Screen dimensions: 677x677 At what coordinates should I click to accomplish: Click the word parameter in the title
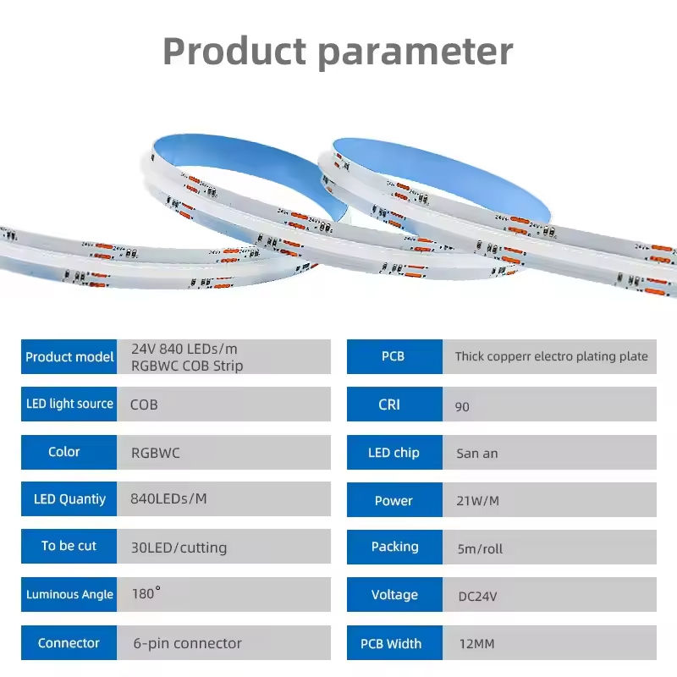[416, 52]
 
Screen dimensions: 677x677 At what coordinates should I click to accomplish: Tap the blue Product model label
[69, 356]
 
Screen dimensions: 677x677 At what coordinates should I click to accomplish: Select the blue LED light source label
[69, 404]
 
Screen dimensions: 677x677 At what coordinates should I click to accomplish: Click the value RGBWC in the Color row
[155, 452]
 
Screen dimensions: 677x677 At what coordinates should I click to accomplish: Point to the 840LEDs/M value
[168, 498]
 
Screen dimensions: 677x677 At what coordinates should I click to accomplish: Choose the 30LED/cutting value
[179, 547]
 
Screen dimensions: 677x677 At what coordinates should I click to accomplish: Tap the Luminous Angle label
[69, 594]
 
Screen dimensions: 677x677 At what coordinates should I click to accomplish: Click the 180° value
[146, 593]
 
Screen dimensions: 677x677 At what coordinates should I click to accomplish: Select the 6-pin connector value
[187, 643]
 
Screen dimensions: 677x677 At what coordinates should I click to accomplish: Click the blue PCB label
[394, 356]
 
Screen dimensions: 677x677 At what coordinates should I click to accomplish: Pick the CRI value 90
[462, 406]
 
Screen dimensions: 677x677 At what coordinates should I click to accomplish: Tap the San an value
[476, 453]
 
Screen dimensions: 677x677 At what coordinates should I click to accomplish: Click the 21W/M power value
[477, 500]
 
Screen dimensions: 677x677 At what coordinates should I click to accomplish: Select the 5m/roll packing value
[479, 548]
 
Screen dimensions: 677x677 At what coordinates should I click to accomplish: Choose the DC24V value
[476, 596]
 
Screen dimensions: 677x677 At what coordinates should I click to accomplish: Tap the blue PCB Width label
[391, 644]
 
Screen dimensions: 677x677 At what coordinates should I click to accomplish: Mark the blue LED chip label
[394, 453]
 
